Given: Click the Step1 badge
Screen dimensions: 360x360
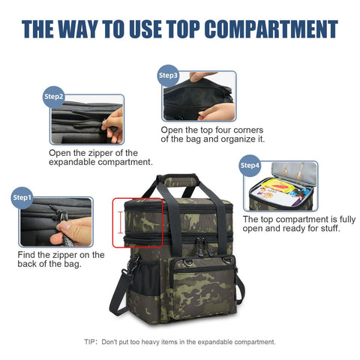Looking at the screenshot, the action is coord(22,198).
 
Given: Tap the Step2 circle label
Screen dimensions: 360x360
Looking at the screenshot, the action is coord(53,97).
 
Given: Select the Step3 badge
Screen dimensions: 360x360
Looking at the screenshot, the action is coord(168,76).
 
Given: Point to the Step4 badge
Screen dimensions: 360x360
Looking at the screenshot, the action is coord(250,166).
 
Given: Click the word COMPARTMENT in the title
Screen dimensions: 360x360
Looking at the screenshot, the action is coord(271,29).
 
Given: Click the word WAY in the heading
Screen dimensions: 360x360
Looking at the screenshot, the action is coord(78,29).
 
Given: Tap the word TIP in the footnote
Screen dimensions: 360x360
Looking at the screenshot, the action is coord(90,342).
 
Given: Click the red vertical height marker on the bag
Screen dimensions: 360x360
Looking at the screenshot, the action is coord(121,223).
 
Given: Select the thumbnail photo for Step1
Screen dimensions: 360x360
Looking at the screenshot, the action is coord(56,222).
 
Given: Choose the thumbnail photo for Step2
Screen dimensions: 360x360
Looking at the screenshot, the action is coord(87,119).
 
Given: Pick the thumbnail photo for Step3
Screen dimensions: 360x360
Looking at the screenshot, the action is coord(199,96).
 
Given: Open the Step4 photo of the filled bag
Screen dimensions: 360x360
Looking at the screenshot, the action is coord(280,186).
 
